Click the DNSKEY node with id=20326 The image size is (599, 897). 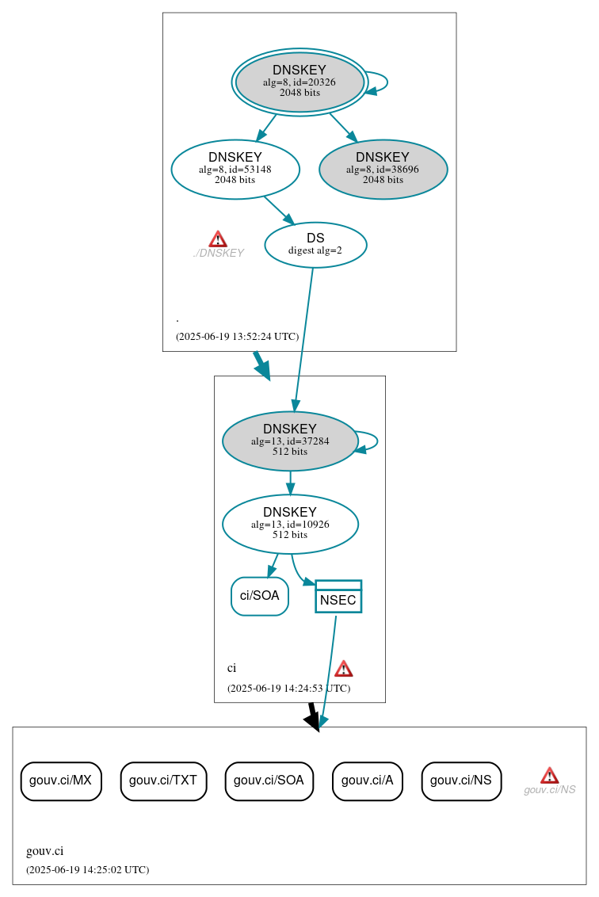pyautogui.click(x=299, y=82)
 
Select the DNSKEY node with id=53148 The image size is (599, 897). pyautogui.click(x=235, y=169)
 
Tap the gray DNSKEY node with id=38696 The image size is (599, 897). pyautogui.click(x=383, y=169)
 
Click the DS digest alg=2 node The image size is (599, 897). pyautogui.click(x=315, y=245)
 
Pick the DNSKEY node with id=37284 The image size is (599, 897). pyautogui.click(x=290, y=441)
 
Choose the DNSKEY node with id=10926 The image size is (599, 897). pyautogui.click(x=290, y=524)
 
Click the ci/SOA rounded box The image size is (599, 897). pyautogui.click(x=260, y=596)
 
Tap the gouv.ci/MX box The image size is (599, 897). pyautogui.click(x=61, y=781)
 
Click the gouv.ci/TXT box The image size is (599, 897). pyautogui.click(x=163, y=781)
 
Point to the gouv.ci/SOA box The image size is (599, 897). pyautogui.click(x=269, y=781)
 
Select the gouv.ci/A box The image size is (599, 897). pyautogui.click(x=368, y=781)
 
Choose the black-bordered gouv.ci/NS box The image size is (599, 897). pyautogui.click(x=461, y=781)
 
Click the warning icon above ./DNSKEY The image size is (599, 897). pyautogui.click(x=218, y=239)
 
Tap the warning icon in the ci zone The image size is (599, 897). pyautogui.click(x=343, y=668)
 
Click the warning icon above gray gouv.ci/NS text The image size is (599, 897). pyautogui.click(x=549, y=775)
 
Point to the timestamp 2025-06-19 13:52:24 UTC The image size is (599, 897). pyautogui.click(x=238, y=337)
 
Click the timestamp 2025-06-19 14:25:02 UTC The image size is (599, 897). pyautogui.click(x=87, y=870)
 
